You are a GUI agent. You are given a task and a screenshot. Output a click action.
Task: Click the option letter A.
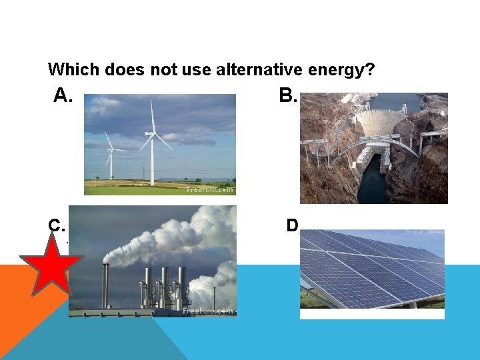[63, 97]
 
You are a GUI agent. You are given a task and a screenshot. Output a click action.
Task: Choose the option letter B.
[288, 97]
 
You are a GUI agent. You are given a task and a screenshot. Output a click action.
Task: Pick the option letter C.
[57, 225]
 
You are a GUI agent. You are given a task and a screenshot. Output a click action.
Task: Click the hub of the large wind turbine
[153, 134]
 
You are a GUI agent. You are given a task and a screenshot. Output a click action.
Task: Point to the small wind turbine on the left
[111, 160]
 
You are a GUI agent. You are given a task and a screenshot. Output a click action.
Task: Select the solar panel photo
[372, 273]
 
